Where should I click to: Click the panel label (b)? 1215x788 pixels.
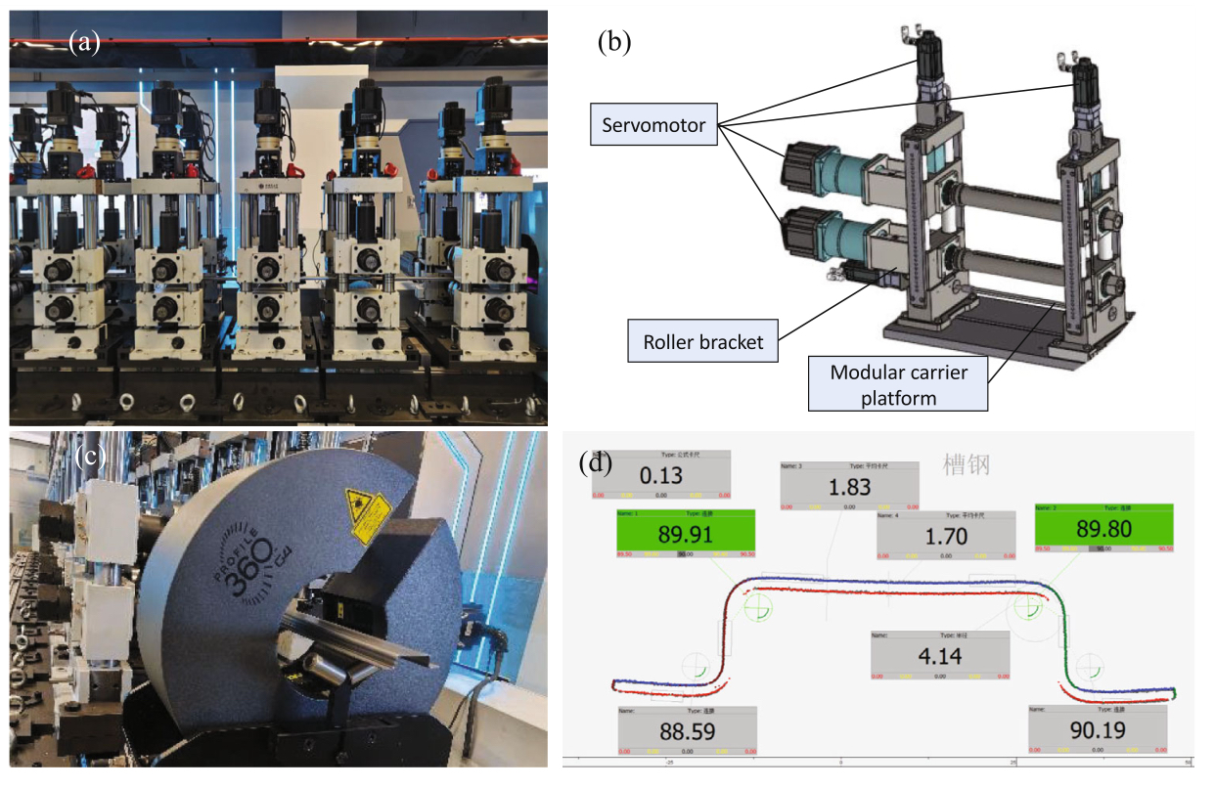(614, 42)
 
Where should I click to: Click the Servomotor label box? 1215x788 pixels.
(653, 124)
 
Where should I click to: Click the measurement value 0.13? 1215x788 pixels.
(661, 477)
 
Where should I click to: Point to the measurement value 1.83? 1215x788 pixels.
(848, 486)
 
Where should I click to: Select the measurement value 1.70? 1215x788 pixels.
(946, 536)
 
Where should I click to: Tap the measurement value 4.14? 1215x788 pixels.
(940, 656)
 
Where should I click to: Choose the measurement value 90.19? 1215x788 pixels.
(1098, 730)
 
